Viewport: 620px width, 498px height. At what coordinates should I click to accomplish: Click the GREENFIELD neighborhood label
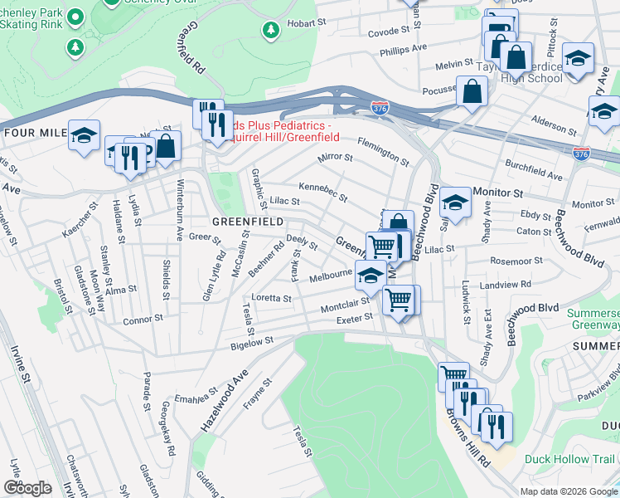click(248, 222)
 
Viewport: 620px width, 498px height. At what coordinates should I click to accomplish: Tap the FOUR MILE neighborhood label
click(34, 133)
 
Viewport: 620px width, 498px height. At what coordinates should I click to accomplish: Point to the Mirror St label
click(335, 156)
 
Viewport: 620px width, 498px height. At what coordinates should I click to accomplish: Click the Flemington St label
click(383, 151)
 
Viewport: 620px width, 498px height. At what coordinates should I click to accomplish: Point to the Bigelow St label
click(252, 342)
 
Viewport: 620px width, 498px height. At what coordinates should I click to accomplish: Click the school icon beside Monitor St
click(454, 201)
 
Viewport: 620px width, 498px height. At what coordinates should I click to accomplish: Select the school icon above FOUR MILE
click(84, 135)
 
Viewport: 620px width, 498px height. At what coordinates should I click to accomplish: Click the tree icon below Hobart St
click(270, 31)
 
